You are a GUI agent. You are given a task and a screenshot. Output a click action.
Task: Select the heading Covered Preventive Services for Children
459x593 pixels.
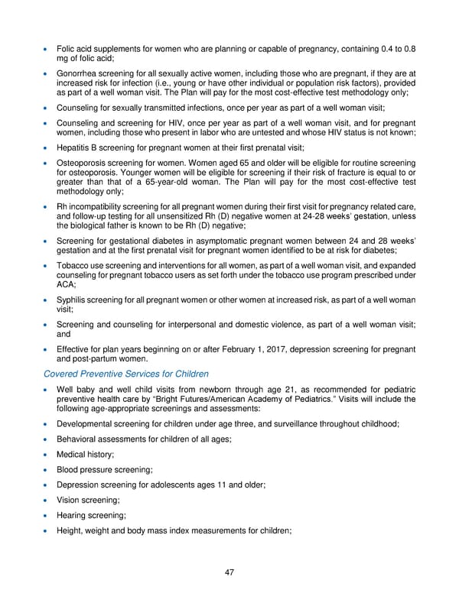tap(125, 374)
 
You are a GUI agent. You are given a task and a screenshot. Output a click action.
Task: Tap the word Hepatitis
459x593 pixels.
tap(75, 147)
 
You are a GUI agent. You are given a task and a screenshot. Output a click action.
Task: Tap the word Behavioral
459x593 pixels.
tap(80, 439)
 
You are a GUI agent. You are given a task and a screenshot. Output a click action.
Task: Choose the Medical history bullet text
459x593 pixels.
tap(85, 455)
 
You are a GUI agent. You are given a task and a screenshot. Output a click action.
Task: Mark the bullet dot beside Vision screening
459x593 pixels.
tap(47, 501)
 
